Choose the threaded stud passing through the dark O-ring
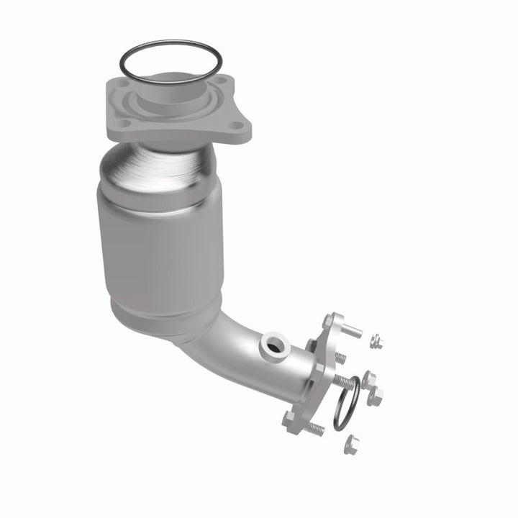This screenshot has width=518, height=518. tap(345, 381)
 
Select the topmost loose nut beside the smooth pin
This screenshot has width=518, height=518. tap(376, 342)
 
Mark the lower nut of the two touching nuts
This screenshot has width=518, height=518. tap(375, 395)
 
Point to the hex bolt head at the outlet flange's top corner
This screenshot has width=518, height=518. tap(328, 321)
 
